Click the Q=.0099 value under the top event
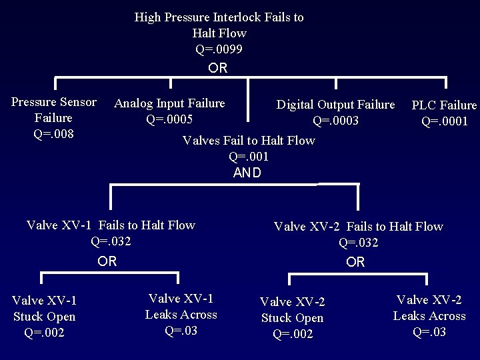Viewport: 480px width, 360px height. [219, 49]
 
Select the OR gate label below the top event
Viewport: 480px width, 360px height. [217, 68]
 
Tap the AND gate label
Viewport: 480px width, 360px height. [247, 173]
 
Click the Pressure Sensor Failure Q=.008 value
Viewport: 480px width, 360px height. [53, 134]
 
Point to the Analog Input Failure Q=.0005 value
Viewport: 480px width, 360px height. [169, 119]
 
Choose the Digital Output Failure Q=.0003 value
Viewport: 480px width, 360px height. [335, 121]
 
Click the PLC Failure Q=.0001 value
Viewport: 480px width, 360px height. [445, 121]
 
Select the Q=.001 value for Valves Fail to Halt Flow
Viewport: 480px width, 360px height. [248, 157]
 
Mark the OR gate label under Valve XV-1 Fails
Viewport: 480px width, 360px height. [107, 261]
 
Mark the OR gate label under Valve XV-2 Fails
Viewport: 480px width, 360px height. [355, 262]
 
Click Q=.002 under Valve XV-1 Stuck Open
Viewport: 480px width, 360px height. [44, 333]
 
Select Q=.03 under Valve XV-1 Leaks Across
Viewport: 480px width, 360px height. [181, 330]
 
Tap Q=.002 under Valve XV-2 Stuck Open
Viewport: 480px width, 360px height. [293, 334]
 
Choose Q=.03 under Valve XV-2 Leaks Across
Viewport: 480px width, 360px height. [429, 332]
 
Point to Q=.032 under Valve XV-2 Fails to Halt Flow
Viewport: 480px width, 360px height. [358, 243]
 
